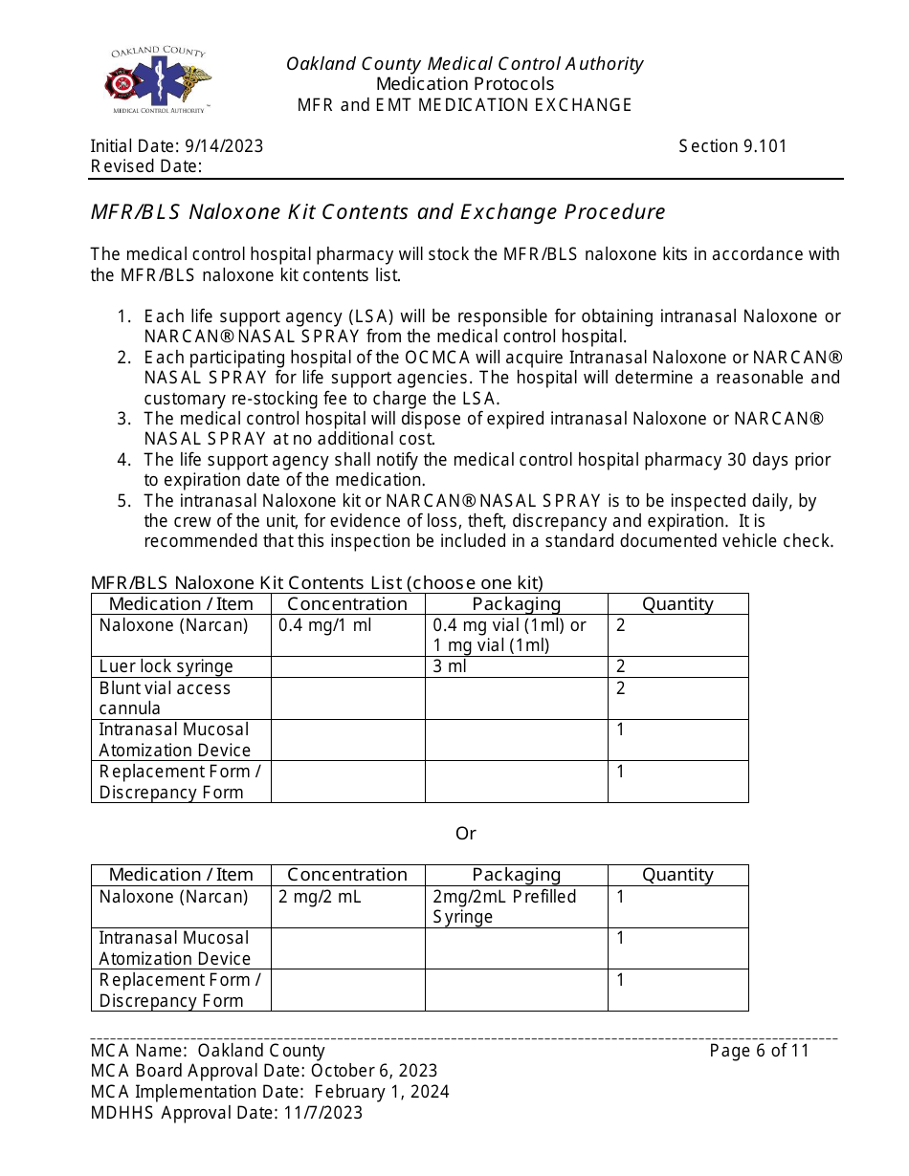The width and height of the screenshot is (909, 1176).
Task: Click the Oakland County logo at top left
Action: (x=158, y=81)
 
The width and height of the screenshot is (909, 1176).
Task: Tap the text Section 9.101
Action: (x=732, y=146)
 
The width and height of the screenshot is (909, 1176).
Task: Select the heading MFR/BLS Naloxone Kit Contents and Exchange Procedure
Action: (x=378, y=211)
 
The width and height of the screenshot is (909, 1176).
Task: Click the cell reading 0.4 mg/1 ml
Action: (x=324, y=625)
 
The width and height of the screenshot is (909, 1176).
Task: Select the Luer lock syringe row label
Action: (x=166, y=666)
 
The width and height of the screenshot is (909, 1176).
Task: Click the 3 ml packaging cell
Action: (x=450, y=666)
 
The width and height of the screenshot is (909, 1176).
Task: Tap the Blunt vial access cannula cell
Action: (x=165, y=698)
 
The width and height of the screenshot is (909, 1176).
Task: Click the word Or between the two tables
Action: (x=465, y=834)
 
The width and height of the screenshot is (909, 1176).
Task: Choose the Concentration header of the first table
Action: (x=347, y=604)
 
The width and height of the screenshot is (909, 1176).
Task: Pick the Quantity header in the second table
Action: (x=677, y=875)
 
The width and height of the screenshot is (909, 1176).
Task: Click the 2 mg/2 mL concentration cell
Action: (x=320, y=897)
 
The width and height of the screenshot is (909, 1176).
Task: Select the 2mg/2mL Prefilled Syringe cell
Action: (x=504, y=906)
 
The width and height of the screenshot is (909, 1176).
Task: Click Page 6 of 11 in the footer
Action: (x=759, y=1051)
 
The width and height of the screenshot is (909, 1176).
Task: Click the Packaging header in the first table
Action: (x=516, y=604)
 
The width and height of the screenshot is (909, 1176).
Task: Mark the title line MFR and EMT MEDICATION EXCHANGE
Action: (x=464, y=105)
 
